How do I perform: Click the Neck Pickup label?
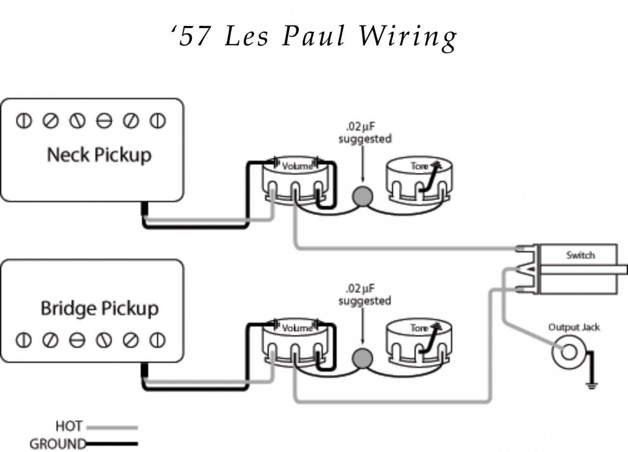(99, 155)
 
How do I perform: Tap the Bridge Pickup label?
(99, 309)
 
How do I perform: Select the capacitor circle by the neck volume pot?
(363, 196)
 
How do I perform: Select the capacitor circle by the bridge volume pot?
(363, 358)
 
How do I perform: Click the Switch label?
(580, 255)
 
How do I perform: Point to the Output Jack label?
(574, 327)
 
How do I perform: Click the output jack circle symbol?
(569, 352)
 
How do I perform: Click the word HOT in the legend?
(69, 425)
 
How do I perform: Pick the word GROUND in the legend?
(58, 444)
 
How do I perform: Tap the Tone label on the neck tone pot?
(419, 166)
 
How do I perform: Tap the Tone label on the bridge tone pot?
(419, 328)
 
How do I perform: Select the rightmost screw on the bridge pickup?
(157, 339)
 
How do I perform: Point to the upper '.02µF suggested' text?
(365, 133)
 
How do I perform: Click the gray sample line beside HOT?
(112, 427)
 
